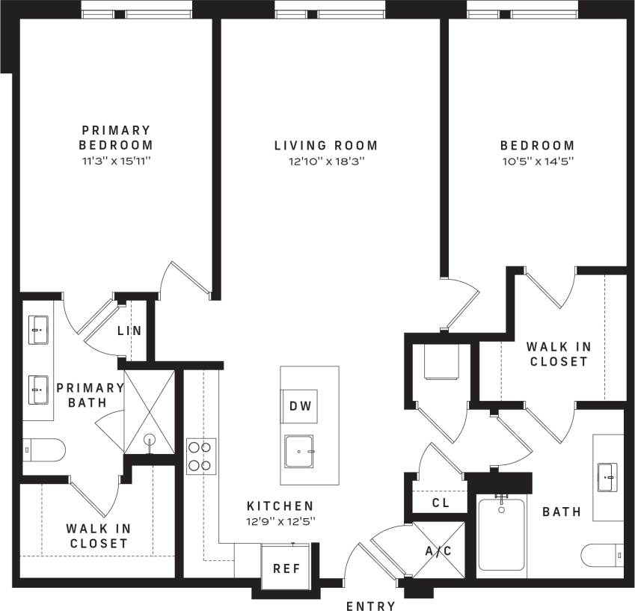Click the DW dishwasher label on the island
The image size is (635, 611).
(299, 406)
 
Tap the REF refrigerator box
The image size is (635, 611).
(286, 568)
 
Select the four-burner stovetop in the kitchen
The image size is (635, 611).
(201, 455)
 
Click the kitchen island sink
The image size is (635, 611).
(301, 452)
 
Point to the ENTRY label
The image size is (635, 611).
(372, 604)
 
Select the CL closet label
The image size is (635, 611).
(441, 503)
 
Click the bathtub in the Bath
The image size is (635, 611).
(501, 534)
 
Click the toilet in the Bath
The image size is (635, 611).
(603, 556)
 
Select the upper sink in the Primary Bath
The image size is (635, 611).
(39, 328)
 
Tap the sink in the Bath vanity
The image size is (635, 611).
(607, 473)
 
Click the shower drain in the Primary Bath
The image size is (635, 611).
(149, 439)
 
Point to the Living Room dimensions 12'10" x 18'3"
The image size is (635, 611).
(325, 161)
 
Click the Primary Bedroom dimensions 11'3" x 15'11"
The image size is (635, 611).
(116, 161)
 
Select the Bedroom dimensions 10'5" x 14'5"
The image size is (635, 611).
(537, 161)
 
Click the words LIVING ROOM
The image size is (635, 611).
(325, 145)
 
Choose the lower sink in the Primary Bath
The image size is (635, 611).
(39, 387)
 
